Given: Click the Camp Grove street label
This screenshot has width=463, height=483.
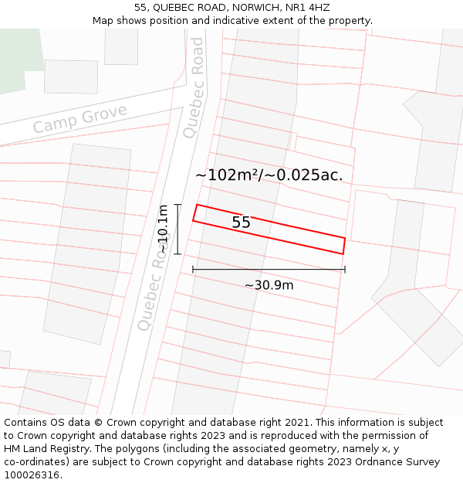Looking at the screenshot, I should click(x=79, y=119).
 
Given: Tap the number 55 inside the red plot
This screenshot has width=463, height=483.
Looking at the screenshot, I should click(x=241, y=223).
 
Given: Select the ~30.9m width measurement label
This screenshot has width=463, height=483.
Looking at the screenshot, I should click(x=269, y=285).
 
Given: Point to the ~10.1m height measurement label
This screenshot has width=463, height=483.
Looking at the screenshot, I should click(x=163, y=229).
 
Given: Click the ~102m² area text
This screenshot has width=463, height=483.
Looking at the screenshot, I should click(x=228, y=175).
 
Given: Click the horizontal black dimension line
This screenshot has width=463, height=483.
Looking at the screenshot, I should click(x=269, y=270).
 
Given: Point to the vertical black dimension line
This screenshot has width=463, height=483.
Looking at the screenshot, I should click(x=177, y=229).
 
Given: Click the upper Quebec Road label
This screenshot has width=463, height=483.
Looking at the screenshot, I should click(x=194, y=87).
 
